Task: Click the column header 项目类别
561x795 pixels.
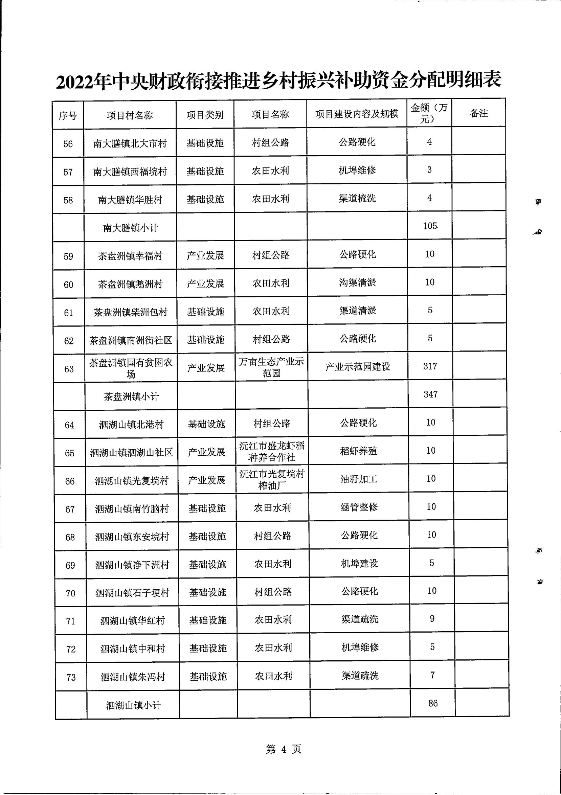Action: point(205,115)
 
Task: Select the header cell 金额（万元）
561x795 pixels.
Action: point(429,113)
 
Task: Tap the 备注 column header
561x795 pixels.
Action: point(479,113)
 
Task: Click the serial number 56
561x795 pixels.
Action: point(68,144)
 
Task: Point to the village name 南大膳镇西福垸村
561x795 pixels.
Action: point(130,172)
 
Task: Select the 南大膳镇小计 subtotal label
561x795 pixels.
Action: point(131,228)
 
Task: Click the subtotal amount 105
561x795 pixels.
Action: point(430,226)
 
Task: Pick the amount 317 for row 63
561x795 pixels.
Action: point(430,366)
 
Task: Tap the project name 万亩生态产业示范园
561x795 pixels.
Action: point(271,367)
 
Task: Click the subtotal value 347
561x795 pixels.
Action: point(430,394)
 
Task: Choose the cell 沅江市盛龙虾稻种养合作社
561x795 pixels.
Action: point(272,451)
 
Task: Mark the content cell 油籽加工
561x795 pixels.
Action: point(359,479)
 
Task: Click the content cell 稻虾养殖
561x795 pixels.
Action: point(358,451)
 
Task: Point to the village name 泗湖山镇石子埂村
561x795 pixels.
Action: point(132,593)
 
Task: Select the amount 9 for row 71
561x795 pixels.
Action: point(432,618)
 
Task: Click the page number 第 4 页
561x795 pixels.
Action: point(283,749)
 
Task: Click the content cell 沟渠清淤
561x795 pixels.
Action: point(358,282)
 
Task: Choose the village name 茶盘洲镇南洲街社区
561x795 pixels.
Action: point(131,340)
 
